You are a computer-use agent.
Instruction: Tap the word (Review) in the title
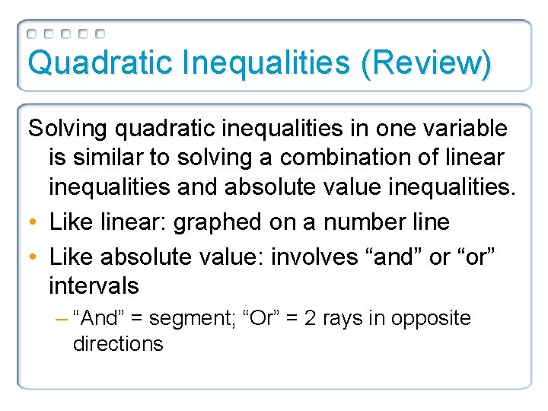426,62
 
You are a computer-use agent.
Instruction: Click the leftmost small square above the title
32,34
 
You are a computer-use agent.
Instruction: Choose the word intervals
94,286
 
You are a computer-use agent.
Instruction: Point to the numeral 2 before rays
311,318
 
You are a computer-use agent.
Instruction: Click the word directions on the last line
118,344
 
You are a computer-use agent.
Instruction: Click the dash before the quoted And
62,318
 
